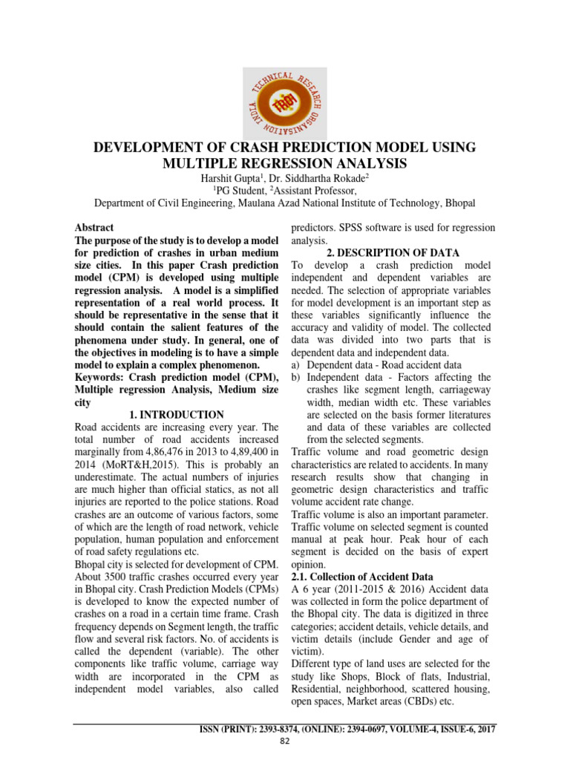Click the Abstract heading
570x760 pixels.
[x=94, y=227]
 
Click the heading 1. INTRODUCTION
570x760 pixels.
[x=177, y=414]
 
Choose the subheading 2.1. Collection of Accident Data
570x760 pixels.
[x=361, y=577]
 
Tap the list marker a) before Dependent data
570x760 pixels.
[x=295, y=365]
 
